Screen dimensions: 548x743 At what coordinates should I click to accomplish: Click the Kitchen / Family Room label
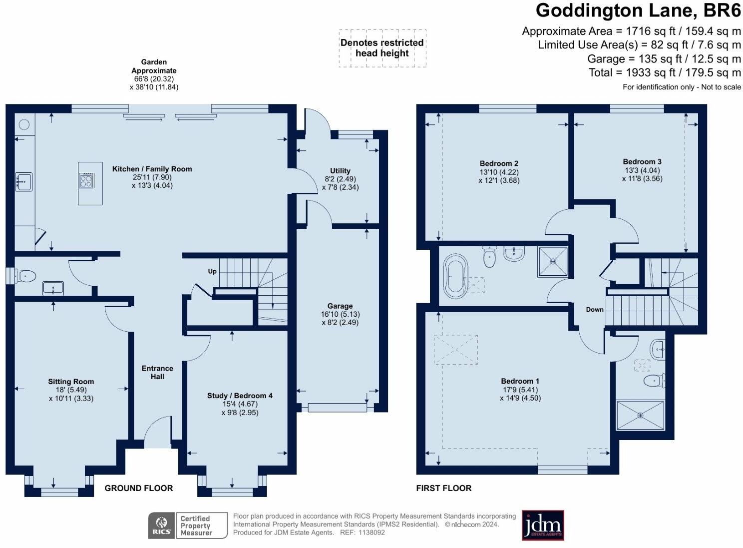152,169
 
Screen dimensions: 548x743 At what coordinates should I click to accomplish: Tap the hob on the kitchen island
86,180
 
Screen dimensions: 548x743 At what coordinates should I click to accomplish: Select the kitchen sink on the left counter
24,181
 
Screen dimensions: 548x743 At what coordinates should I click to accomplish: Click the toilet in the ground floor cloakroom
26,276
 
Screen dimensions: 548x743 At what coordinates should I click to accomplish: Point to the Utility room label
340,170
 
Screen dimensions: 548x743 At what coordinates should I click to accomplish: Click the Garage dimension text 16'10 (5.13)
340,314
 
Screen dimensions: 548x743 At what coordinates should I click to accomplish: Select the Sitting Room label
71,382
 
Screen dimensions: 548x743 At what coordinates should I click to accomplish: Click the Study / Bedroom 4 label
240,396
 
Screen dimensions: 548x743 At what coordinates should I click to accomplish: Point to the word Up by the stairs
212,271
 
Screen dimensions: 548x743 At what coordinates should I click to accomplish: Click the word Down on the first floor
595,309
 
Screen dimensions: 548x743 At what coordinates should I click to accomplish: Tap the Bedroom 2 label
499,163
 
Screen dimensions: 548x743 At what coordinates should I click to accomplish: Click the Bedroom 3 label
642,161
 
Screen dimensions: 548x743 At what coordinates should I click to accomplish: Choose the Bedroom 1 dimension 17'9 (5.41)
520,390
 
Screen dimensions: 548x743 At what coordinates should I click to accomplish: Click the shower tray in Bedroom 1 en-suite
641,415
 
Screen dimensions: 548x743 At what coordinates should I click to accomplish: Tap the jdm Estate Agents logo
543,525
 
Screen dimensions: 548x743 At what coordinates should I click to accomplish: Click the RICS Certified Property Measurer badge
188,526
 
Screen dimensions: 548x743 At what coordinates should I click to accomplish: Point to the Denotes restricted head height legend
382,48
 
